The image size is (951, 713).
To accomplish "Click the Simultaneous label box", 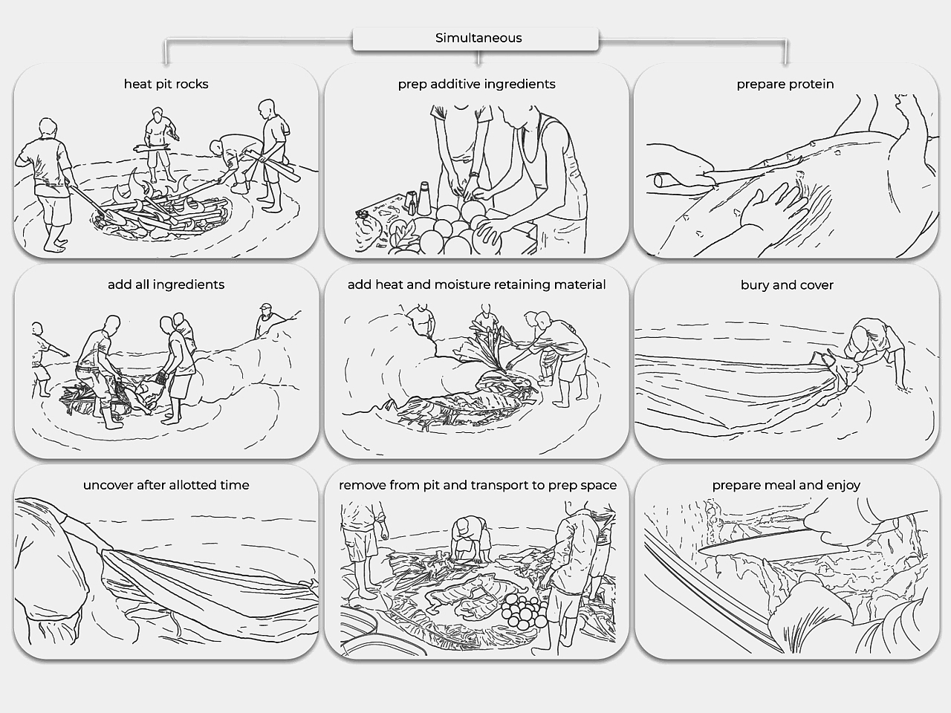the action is (x=475, y=39).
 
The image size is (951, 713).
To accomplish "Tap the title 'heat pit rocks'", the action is (x=166, y=84).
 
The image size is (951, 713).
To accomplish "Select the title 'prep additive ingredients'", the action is (x=476, y=84).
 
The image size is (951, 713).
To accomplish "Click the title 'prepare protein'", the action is (x=785, y=84).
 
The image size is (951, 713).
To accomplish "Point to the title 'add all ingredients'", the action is (x=166, y=284).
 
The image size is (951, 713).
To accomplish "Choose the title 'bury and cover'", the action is (x=787, y=285).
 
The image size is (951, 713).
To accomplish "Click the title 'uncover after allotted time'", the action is (x=166, y=485).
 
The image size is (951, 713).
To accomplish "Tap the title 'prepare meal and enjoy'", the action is (x=786, y=485).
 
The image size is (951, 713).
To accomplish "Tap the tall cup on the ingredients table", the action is (x=423, y=198).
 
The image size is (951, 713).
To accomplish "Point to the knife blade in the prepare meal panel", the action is (x=754, y=542).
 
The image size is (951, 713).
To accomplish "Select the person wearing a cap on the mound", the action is (x=268, y=320).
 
